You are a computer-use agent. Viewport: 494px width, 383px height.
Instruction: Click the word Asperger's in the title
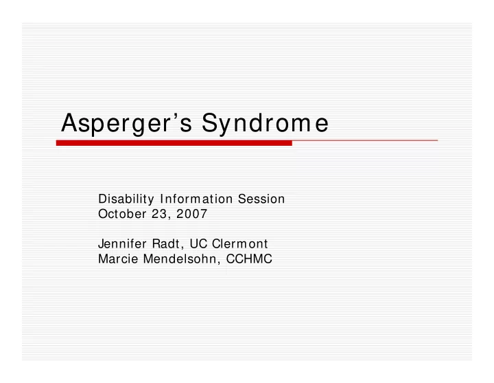[127, 124]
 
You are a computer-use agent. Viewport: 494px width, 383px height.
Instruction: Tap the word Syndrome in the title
[266, 124]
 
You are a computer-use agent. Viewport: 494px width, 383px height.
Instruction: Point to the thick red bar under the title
[174, 143]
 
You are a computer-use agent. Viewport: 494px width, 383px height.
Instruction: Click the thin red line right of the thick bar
[365, 140]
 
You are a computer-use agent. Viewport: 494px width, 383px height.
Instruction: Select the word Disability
[126, 199]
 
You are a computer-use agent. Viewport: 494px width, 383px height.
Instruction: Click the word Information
[196, 199]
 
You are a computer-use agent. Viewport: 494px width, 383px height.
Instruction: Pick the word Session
[261, 199]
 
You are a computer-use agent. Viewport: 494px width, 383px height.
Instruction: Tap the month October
[122, 214]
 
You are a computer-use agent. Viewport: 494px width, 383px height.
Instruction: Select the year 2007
[192, 214]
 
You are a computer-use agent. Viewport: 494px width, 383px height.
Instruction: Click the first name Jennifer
[122, 243]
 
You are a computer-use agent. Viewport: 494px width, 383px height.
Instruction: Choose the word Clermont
[239, 243]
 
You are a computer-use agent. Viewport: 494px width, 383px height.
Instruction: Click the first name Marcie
[118, 259]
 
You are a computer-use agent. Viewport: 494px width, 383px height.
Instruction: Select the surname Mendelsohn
[180, 259]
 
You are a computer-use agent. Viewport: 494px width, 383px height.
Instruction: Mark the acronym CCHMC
[249, 259]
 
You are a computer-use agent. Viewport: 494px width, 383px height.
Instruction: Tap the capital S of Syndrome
[210, 122]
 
